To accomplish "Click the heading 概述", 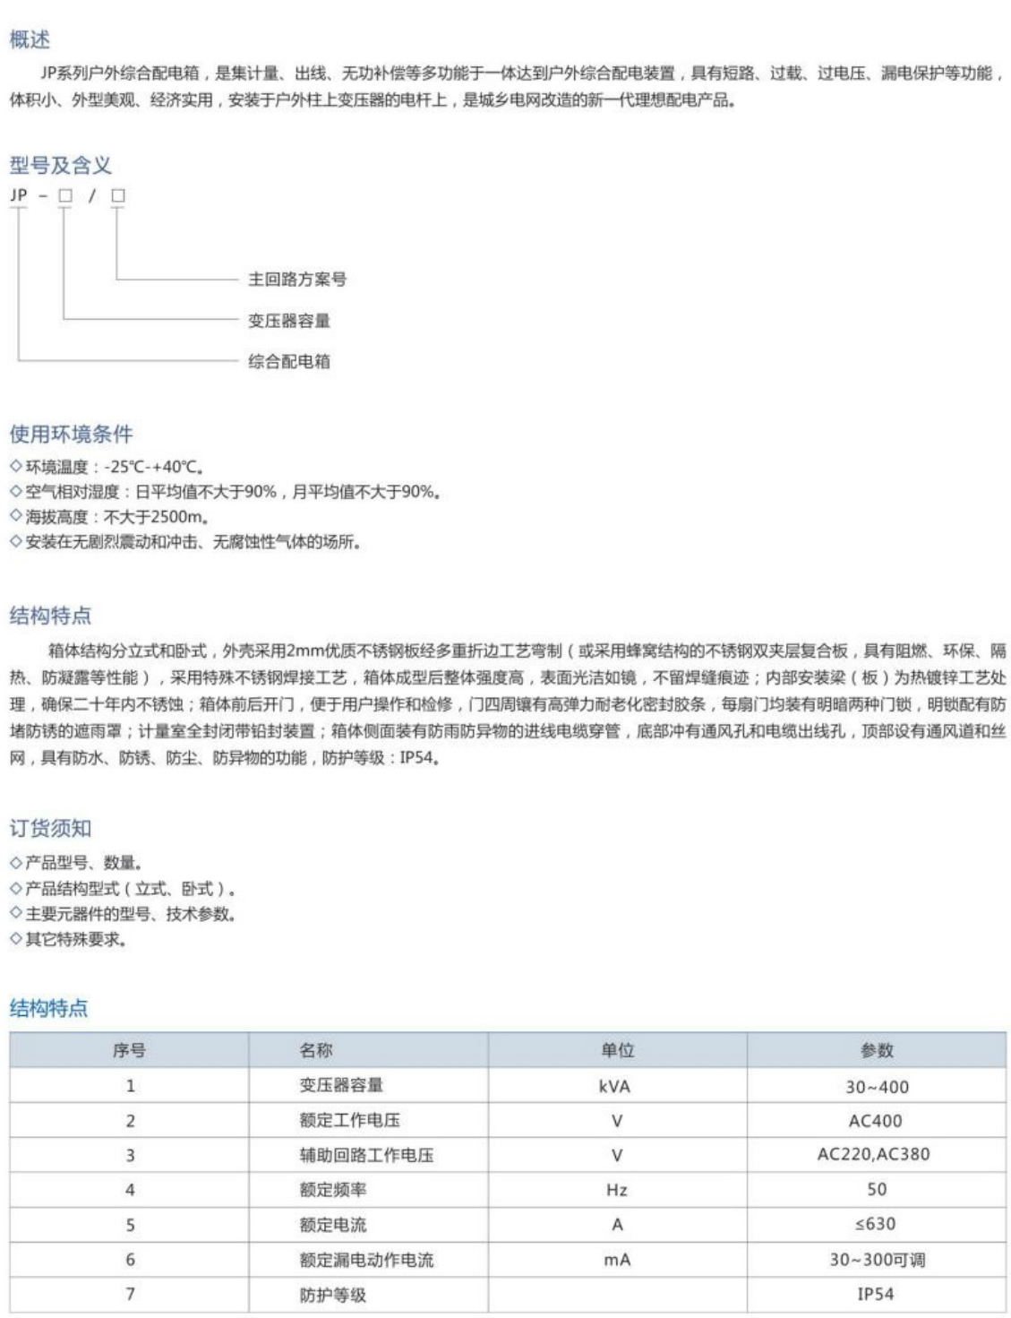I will (x=30, y=39).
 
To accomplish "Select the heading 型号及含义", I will (x=60, y=165).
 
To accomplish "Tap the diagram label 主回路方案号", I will (x=296, y=280).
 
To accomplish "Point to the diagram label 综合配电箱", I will (x=289, y=362).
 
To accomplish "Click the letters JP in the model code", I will (x=19, y=195).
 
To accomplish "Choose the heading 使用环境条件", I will (x=71, y=435).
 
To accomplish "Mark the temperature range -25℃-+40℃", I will (x=154, y=467).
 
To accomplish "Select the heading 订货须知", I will (x=50, y=829).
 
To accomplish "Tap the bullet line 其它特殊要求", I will (x=75, y=940).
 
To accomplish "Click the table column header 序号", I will (x=129, y=1051).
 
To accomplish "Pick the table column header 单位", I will (x=617, y=1051).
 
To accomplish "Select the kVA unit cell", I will (x=614, y=1086).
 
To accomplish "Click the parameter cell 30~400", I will (x=877, y=1087).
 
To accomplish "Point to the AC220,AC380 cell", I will (x=873, y=1155).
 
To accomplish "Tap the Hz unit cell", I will (x=616, y=1190).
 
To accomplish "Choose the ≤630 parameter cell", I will (x=875, y=1225).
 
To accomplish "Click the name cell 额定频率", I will (x=332, y=1190).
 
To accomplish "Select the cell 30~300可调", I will (x=877, y=1260).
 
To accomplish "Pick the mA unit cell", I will (x=616, y=1260).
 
